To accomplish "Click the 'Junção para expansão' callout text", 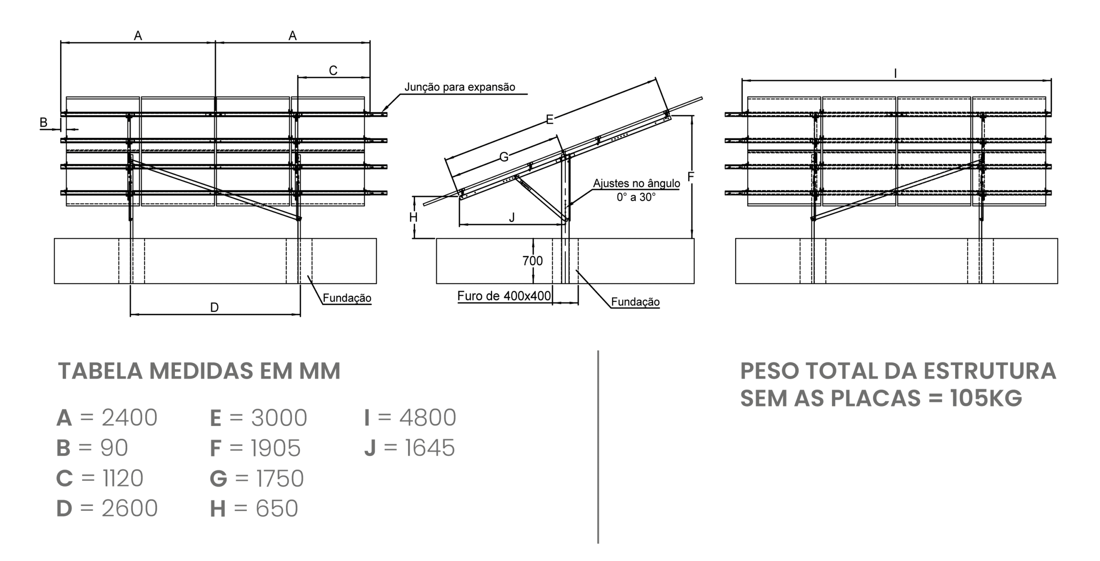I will coord(459,87).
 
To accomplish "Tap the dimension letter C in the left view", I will coord(333,71).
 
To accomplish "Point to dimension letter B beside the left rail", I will coord(43,123).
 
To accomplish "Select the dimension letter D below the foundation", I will coord(214,307).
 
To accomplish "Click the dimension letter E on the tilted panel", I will coord(550,120).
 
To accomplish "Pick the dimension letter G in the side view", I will coord(504,157).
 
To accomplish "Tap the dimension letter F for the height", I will coord(691,177).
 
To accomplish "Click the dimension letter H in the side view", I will coord(413,218).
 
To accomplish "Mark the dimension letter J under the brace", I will coord(511,218).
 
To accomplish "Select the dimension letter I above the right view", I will coord(895,74).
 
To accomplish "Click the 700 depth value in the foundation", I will coord(532,261).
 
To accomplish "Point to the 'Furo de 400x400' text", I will coord(504,296).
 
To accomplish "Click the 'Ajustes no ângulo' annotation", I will coord(636,184).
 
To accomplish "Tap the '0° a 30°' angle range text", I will coord(636,197).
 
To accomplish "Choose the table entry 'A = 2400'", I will coord(107,418).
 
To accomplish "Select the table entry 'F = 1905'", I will coord(255,448).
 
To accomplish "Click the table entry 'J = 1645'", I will coord(409,448).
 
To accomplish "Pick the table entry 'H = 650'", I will coord(254,509).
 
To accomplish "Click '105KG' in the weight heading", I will coord(986,398).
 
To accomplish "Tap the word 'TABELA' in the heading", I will coord(100,371).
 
